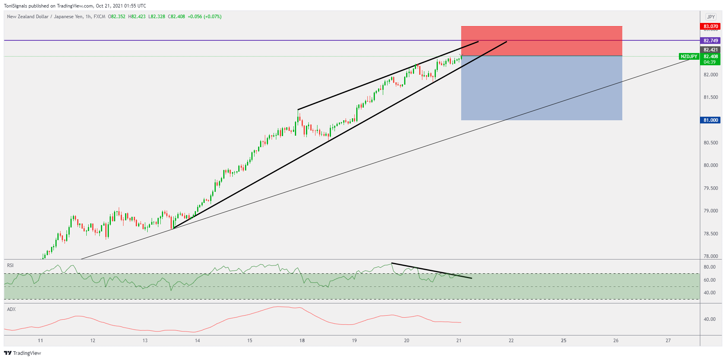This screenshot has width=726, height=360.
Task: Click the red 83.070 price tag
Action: tap(710, 27)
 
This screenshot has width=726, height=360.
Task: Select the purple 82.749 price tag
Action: tap(710, 41)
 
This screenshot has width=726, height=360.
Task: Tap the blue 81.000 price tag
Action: tap(710, 120)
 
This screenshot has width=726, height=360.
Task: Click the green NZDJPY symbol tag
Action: tap(689, 57)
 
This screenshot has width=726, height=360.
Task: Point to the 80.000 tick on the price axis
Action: tap(711, 165)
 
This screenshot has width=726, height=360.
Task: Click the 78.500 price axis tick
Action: tap(711, 234)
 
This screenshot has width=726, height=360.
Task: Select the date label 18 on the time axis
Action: tap(302, 341)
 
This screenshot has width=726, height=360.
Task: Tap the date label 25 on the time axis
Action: tap(563, 341)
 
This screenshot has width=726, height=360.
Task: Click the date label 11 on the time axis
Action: tap(40, 341)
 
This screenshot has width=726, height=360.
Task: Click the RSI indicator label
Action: tap(10, 265)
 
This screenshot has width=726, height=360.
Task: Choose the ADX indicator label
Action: tap(11, 309)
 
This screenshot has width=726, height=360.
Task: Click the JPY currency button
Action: tap(711, 17)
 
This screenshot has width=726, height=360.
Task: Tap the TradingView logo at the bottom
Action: tap(23, 353)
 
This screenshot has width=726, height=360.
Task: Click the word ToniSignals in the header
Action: tap(15, 6)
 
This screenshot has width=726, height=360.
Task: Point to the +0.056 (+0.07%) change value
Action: tap(204, 17)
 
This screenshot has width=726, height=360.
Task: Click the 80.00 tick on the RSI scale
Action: tap(709, 267)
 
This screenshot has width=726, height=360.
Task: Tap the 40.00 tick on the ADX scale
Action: tap(709, 319)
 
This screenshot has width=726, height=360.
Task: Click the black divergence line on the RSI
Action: tap(431, 271)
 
